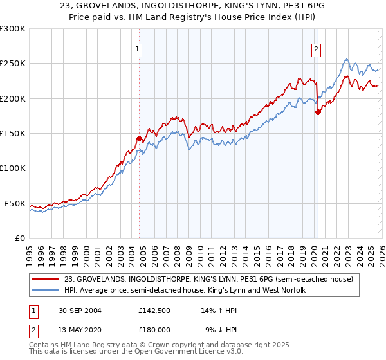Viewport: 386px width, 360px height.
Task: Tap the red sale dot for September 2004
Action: tap(140, 138)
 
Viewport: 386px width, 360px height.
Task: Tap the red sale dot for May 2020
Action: tap(317, 112)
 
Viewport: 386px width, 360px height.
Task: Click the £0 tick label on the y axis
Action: tap(19, 238)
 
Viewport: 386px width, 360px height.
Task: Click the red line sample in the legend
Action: tap(46, 280)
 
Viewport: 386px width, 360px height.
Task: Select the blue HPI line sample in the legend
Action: tap(46, 291)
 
